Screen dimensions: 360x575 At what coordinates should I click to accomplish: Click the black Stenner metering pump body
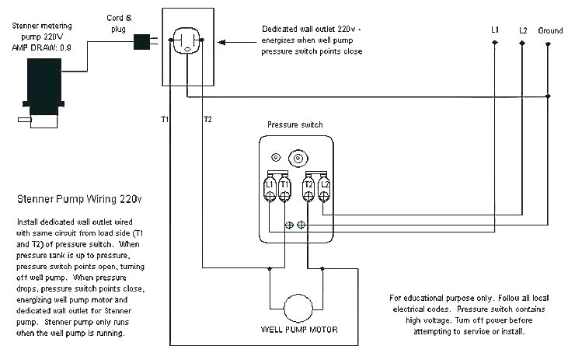[43, 86]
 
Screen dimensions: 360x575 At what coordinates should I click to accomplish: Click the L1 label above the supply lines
[495, 30]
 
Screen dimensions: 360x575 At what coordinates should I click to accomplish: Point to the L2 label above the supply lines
[523, 30]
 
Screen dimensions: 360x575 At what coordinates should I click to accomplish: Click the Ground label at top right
[550, 30]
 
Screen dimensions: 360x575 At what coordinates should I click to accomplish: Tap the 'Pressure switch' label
[294, 124]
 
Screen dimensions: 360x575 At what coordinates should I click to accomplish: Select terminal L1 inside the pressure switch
[269, 188]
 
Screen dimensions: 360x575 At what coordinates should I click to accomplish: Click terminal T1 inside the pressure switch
[284, 188]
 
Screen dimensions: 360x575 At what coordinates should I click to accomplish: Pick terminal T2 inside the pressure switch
[308, 188]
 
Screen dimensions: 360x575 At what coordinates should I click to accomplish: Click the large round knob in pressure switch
[295, 159]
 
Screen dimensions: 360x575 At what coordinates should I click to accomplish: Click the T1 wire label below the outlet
[165, 119]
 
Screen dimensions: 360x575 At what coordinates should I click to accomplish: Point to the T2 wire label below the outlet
[207, 119]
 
